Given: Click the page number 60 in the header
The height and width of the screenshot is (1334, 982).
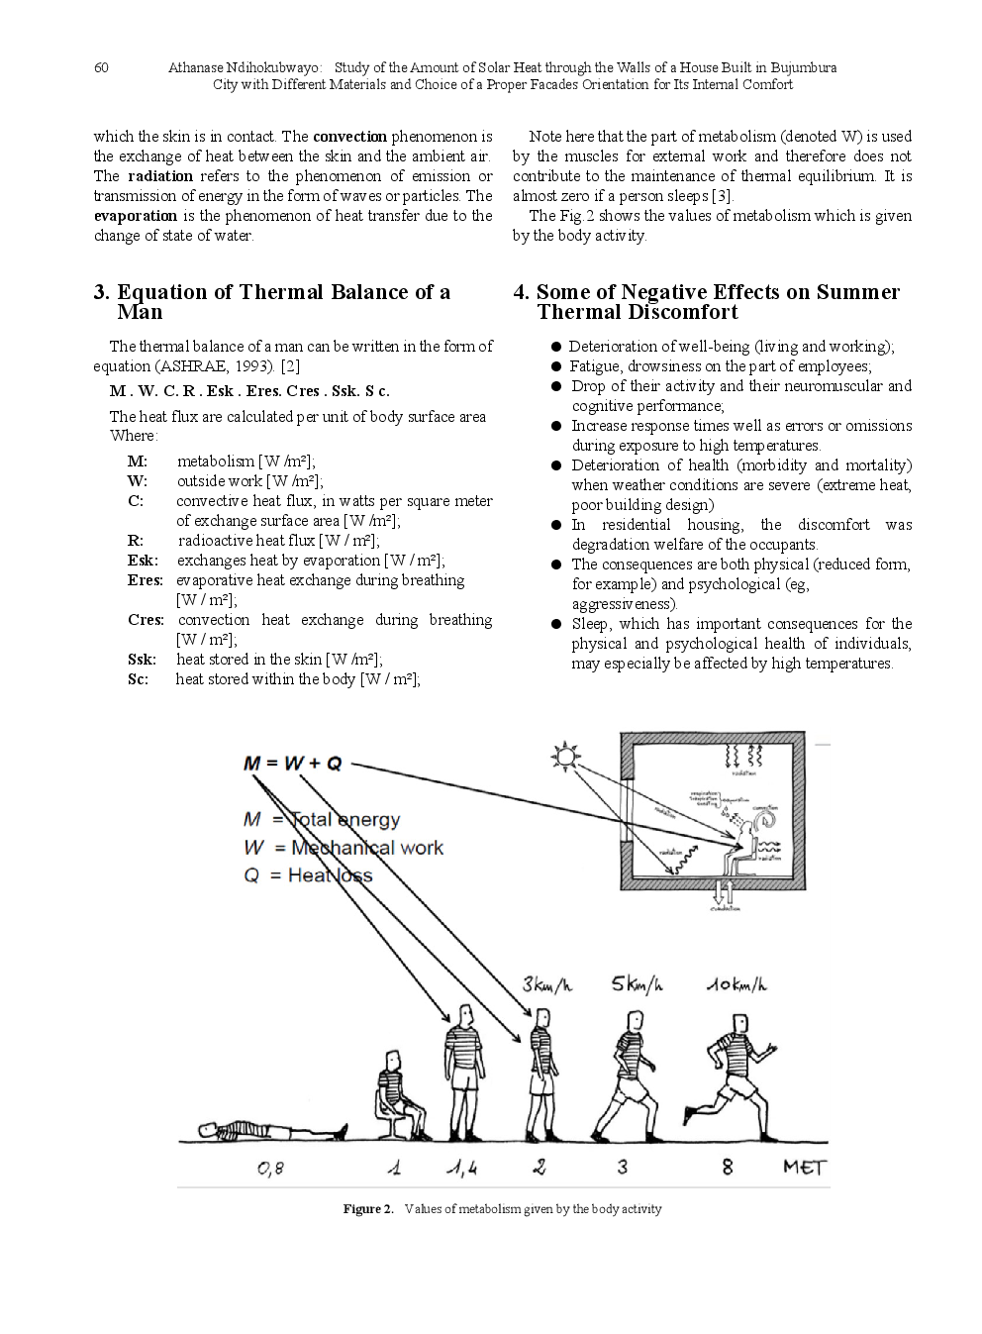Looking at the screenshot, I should point(101,67).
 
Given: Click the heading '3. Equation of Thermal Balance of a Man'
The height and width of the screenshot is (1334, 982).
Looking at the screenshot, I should point(272,301).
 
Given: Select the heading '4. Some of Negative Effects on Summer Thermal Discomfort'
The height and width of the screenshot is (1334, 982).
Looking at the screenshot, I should point(707,301).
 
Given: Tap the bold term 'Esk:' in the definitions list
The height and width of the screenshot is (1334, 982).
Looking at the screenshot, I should point(143,561).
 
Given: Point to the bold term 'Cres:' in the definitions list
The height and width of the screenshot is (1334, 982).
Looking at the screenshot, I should point(146,620).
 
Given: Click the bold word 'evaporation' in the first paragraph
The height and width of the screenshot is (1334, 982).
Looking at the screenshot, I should point(136,216).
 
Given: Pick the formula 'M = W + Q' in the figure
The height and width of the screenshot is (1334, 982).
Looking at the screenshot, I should point(292,764).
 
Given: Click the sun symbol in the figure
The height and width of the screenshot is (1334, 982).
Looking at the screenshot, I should point(565,758).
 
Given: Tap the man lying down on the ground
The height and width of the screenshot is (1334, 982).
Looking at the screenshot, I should point(271,1130).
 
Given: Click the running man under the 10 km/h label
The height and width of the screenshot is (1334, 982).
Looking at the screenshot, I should point(735,1075).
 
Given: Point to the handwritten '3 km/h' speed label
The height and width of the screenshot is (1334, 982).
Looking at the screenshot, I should point(546,985).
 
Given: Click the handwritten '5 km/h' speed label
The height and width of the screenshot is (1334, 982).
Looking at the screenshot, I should point(637,984).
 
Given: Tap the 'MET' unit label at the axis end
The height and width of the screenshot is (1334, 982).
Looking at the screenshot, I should point(804,1168).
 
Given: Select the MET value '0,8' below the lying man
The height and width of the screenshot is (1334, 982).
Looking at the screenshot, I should point(270,1169).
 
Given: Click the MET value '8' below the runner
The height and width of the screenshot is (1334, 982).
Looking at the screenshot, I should point(728,1168).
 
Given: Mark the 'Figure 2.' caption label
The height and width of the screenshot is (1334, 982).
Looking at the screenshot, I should point(368,1209).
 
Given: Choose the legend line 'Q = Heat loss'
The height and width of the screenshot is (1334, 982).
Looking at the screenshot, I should point(308,875).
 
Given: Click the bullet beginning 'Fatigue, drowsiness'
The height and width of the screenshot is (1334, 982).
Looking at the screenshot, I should point(720,366).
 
